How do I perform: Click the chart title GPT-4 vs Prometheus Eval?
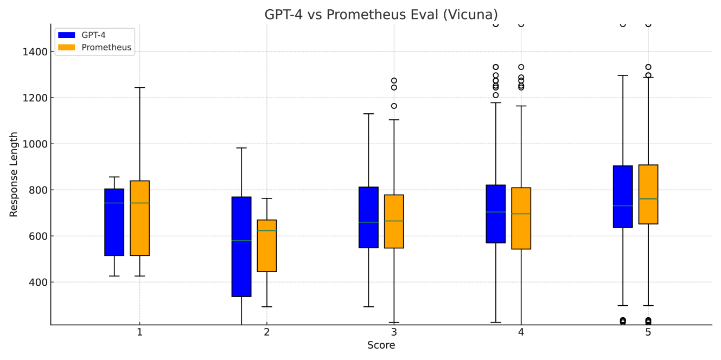pos(381,15)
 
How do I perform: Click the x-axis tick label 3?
pos(394,332)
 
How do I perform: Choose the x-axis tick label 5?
pos(648,332)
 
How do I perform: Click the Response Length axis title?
pos(14,175)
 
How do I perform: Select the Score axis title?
pos(381,345)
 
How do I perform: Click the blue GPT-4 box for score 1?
pos(114,222)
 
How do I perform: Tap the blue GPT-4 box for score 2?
pos(241,247)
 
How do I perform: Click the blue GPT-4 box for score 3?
pos(368,217)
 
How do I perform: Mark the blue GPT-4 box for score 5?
pos(623,196)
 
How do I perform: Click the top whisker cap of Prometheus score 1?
pos(139,87)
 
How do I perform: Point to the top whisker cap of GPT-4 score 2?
pos(241,148)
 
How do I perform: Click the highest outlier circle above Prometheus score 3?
pos(394,81)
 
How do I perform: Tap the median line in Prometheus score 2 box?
pos(266,231)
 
